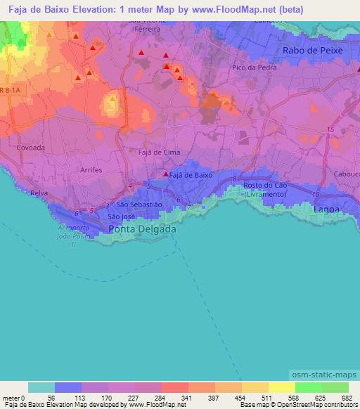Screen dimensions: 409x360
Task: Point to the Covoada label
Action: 30,148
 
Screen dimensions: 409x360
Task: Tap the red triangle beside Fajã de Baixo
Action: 166,174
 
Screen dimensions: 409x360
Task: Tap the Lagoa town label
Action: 326,209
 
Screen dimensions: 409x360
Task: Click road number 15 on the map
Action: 330,129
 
